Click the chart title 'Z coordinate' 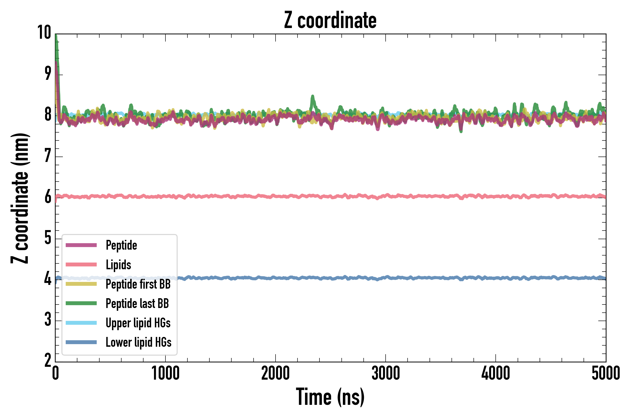coord(330,20)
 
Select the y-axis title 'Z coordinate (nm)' coord(20,198)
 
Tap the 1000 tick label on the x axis coord(165,373)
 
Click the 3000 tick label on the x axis coord(386,373)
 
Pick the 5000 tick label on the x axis coord(606,373)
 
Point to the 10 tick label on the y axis coord(44,33)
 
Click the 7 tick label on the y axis coord(48,156)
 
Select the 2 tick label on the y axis coord(48,360)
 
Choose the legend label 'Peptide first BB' coord(138,284)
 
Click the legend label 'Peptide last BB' coord(137,304)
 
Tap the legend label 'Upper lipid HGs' coord(138,323)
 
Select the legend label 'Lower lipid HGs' coord(138,342)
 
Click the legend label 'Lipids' coord(118,265)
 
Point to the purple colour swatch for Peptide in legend coord(81,245)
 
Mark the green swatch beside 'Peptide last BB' coord(81,303)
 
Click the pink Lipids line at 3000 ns coord(386,196)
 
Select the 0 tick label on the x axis coord(55,373)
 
